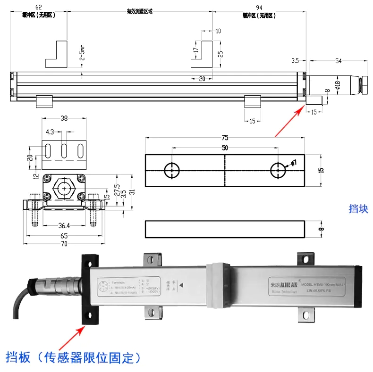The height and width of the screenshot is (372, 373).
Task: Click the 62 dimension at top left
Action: coord(39,7)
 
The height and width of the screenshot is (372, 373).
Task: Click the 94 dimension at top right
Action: coord(259,7)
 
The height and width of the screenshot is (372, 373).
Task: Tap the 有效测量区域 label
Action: coord(140,11)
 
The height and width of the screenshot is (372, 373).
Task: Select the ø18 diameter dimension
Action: coord(337,84)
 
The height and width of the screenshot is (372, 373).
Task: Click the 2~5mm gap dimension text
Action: coord(82,52)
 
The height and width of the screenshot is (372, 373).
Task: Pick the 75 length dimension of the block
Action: coord(225,138)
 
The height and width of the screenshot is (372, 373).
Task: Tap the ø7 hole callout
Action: coord(293,163)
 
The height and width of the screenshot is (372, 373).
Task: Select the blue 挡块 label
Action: coord(358,209)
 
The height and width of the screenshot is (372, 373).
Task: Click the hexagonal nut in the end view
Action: coord(64,188)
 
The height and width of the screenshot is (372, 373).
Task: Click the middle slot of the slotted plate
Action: coord(64,152)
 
